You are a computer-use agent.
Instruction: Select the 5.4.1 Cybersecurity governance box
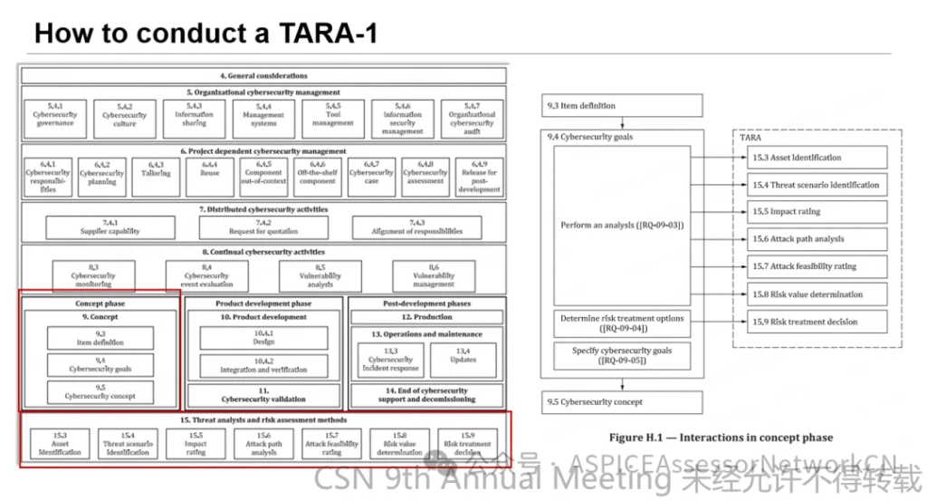(54, 119)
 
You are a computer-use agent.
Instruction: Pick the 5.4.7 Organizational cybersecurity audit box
(472, 119)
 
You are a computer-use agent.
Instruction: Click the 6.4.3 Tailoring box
(156, 173)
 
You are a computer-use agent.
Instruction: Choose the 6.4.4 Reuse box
(210, 173)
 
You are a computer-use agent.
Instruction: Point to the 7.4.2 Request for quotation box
(263, 226)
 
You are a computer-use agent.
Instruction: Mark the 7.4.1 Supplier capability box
(111, 226)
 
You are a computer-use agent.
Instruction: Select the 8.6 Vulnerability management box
(434, 275)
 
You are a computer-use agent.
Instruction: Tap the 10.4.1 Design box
(263, 338)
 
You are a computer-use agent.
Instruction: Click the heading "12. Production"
(427, 317)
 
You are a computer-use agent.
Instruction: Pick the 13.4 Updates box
(463, 360)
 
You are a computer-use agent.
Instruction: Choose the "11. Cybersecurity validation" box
(263, 395)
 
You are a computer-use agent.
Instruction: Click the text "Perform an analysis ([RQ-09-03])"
(621, 225)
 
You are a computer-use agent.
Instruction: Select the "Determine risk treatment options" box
(621, 323)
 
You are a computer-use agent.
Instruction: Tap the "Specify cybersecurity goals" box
(621, 356)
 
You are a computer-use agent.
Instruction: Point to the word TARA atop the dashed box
(750, 139)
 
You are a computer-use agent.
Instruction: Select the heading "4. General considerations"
(263, 75)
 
